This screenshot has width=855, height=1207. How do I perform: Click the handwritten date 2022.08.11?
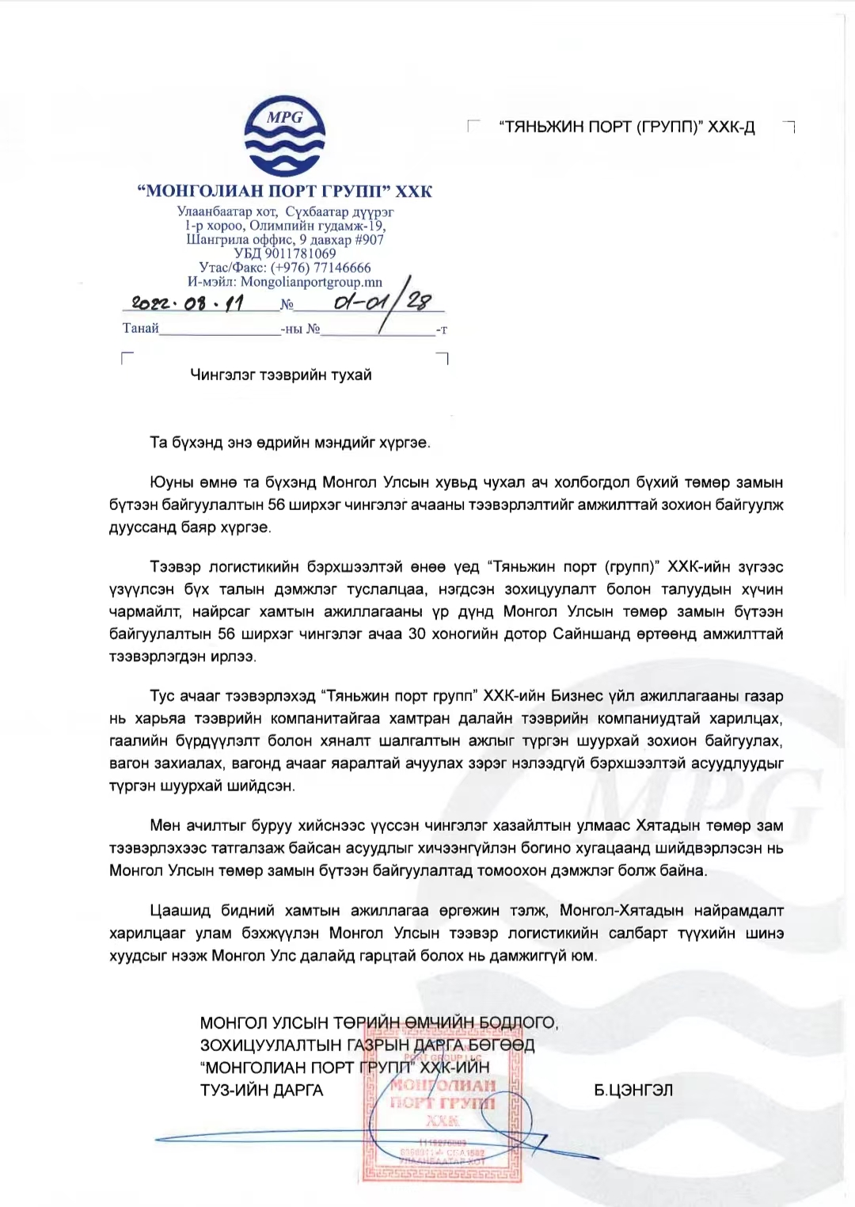[188, 303]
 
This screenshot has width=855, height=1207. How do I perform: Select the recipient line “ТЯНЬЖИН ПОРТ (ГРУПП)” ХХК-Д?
[627, 127]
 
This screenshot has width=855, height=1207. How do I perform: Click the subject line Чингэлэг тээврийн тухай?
[281, 375]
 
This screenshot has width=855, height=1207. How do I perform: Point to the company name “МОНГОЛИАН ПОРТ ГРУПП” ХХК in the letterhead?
[285, 191]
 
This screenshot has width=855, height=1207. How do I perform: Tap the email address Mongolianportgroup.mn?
[311, 282]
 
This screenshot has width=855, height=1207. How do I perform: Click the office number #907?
[369, 239]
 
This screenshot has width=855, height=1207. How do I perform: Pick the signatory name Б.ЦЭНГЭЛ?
[633, 1091]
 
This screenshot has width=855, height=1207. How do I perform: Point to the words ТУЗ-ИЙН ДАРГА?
[262, 1091]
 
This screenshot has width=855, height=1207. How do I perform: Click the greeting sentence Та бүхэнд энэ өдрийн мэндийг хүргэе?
[290, 443]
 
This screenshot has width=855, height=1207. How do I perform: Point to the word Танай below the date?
[141, 328]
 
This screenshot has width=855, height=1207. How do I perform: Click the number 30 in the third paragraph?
[416, 634]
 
